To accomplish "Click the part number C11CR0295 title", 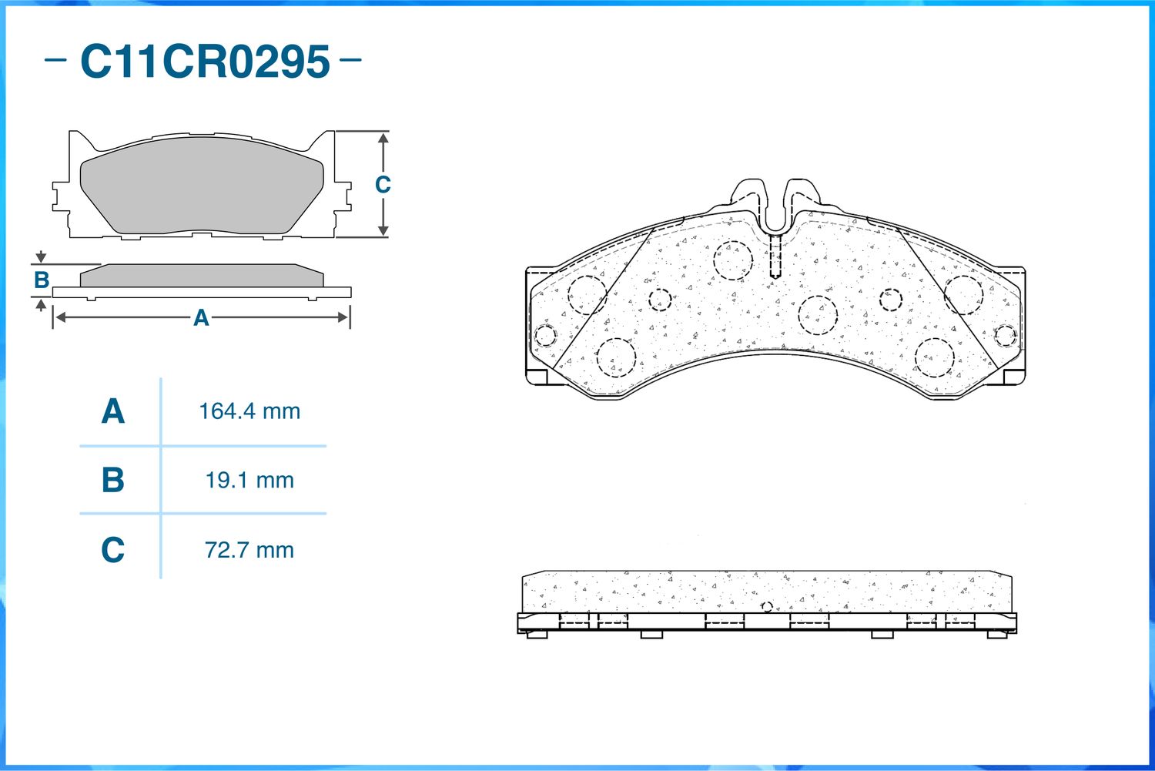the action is (206, 62).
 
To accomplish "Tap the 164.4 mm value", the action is (249, 411).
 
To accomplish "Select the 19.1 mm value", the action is (249, 481).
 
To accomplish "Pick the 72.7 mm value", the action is (249, 550).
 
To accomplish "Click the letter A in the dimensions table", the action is (113, 411).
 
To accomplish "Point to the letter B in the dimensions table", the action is (113, 480).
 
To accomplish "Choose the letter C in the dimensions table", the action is (113, 549).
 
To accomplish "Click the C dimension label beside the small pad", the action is (383, 185).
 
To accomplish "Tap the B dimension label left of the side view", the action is (42, 280).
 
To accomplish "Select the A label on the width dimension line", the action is (201, 318).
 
